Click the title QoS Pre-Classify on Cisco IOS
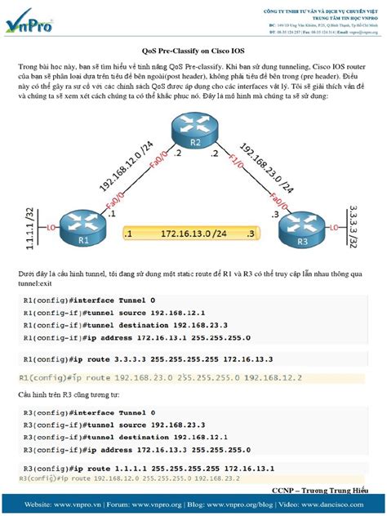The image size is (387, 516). point(193,50)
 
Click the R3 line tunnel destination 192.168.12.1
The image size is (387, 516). point(107,437)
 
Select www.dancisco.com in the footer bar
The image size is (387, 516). point(346,505)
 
